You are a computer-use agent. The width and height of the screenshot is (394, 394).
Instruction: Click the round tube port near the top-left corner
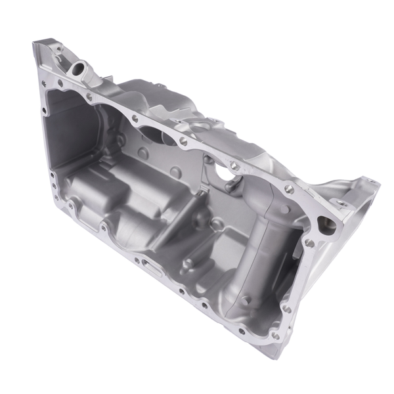[x=80, y=67]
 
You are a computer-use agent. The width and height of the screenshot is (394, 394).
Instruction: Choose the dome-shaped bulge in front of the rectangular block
[x=135, y=230]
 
